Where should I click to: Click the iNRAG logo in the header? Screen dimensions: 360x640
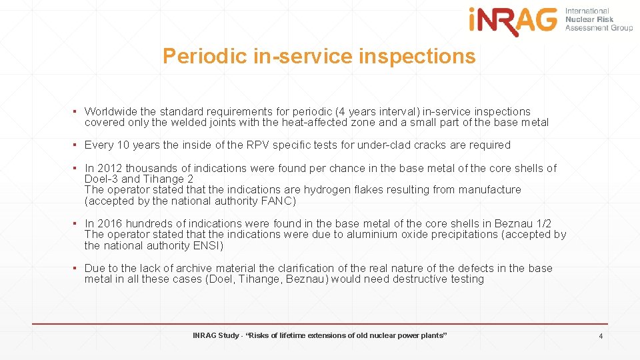coord(513,21)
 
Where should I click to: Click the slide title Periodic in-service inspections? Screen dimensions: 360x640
coord(319,56)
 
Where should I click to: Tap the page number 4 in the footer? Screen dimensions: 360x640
coord(601,336)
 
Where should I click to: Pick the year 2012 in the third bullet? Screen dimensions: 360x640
coord(109,168)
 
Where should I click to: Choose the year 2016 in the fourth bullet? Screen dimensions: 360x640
coord(109,223)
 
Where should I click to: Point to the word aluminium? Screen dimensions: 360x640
coord(372,234)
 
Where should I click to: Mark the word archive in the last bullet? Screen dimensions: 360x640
coord(197,268)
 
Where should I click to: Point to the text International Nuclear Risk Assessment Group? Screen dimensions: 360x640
coord(599,19)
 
